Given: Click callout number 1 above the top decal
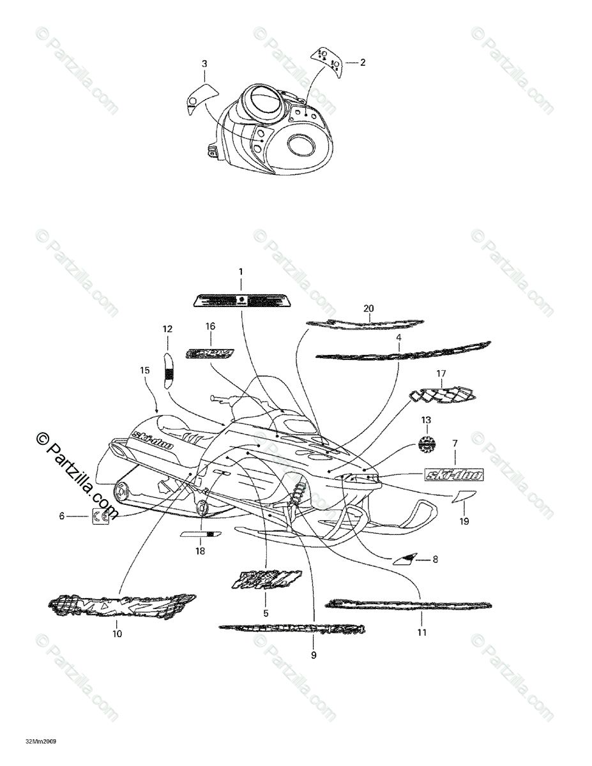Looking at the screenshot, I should click(x=241, y=272).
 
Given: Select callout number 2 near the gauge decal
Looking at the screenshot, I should click(x=363, y=63).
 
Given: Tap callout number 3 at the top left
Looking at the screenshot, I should click(x=204, y=64).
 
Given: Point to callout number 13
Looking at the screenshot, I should click(x=426, y=420).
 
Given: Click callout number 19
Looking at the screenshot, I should click(x=464, y=522).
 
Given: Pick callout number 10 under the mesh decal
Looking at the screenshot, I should click(x=118, y=634).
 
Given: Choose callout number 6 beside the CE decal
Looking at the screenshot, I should click(x=62, y=516).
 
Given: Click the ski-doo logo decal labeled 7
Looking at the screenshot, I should click(x=454, y=474).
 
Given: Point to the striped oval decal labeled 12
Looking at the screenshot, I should click(x=169, y=370).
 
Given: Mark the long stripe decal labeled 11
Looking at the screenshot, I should click(x=409, y=604).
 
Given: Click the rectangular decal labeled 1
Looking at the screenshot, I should click(x=241, y=299).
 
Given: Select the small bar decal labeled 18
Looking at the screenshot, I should click(x=201, y=533).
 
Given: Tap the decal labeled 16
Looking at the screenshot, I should click(x=210, y=352).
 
